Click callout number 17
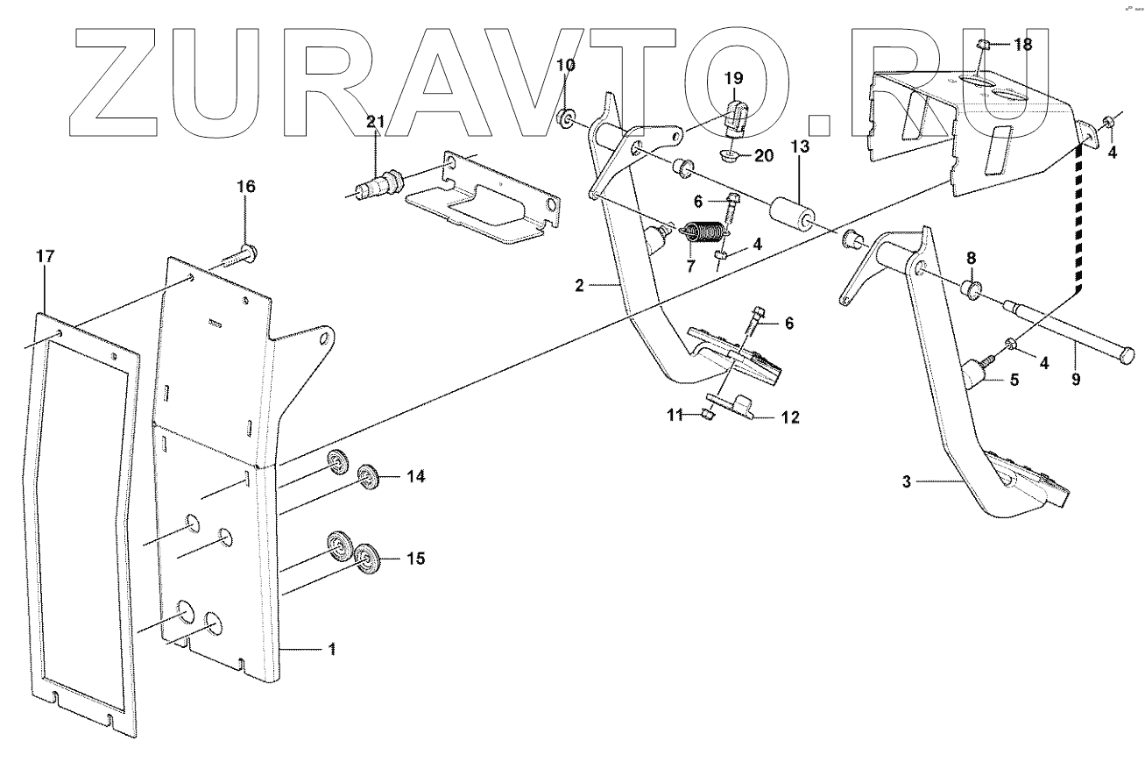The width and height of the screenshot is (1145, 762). pos(45,256)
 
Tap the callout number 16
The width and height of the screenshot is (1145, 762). pos(245,186)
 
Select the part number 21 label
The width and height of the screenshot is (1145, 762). pos(375,122)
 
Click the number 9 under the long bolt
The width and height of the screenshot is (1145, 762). pos(1076,380)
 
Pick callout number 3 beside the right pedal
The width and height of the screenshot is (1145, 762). pos(908,481)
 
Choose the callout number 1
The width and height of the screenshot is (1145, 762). pos(331,649)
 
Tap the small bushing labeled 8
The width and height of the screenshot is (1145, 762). pos(970,288)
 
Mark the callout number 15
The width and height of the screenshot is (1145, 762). pos(415,557)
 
